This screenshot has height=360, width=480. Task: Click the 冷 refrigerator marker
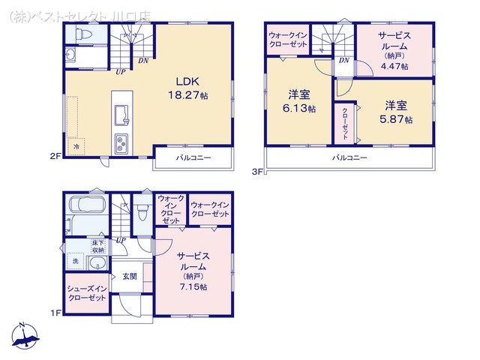coord(76,147)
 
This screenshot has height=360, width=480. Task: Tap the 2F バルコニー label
coord(193,159)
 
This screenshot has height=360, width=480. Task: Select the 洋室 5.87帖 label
coord(396,111)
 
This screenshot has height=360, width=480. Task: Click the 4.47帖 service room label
coord(394,51)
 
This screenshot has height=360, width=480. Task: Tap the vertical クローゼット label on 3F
coord(345,121)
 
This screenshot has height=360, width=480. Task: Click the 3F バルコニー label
coord(349,158)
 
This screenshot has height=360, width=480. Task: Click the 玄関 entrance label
coord(130,276)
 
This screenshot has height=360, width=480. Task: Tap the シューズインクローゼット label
coord(87,293)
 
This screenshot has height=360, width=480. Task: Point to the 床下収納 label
coord(97,246)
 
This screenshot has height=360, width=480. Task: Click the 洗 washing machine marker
coord(76,261)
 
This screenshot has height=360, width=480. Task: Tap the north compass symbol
coord(23,337)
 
